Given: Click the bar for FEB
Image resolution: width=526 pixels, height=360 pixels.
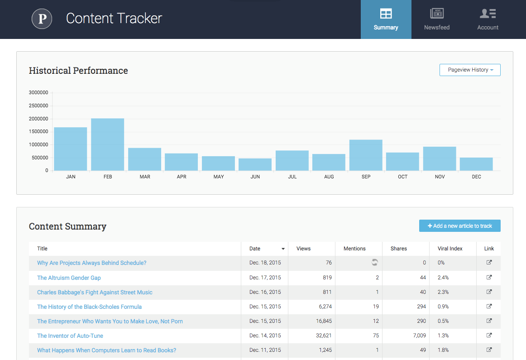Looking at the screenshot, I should (108, 144).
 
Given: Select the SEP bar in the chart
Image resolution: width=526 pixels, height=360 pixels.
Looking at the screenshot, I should (366, 155).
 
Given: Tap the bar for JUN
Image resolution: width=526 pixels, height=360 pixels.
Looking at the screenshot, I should (255, 164).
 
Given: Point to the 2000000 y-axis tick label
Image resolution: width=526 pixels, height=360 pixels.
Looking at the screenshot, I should (38, 119).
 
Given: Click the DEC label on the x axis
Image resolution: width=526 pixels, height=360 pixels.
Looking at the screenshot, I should (476, 177).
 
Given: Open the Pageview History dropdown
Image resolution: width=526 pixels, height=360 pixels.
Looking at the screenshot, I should (470, 70).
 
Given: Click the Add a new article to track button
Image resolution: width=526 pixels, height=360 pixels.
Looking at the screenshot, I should (459, 226).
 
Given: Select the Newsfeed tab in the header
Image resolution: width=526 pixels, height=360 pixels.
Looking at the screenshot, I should (437, 19).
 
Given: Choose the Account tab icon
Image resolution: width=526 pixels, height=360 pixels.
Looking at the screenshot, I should (488, 14).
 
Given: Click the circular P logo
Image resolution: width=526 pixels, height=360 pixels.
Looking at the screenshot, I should (42, 19).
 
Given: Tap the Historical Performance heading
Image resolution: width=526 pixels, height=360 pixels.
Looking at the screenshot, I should (78, 71).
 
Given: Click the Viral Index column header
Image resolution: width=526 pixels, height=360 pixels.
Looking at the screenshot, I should (450, 249).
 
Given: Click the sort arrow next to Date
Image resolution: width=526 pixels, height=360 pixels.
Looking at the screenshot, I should (283, 249).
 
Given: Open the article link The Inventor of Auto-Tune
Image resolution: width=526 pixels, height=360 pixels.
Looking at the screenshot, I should (70, 336).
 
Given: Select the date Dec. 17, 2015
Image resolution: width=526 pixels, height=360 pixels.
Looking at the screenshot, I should (265, 278).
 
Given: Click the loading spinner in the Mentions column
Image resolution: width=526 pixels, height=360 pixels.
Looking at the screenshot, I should (374, 263).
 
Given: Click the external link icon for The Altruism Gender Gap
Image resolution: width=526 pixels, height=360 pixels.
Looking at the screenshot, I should (489, 278).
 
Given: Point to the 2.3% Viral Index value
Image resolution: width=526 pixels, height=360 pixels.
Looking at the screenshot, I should (443, 292).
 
